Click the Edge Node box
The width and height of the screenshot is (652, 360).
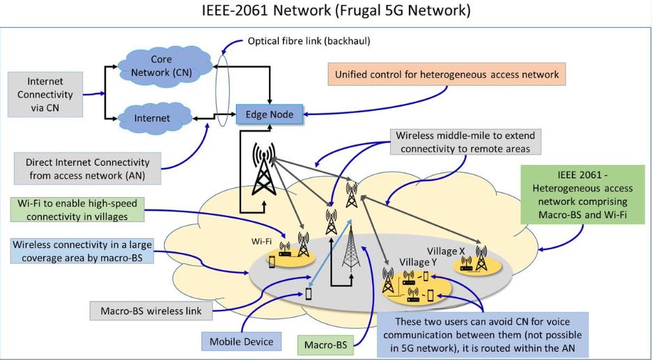point(270,114)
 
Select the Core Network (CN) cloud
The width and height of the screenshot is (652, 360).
point(162,65)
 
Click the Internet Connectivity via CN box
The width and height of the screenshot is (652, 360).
point(45,93)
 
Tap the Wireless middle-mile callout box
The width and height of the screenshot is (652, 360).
point(465,142)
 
